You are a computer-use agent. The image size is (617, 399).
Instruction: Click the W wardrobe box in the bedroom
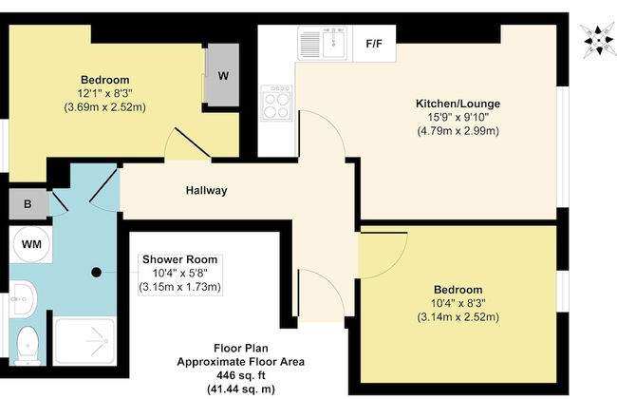pos(222,76)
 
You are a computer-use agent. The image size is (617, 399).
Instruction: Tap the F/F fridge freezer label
pos(373,44)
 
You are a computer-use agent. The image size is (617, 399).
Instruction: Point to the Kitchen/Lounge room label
pos(458,103)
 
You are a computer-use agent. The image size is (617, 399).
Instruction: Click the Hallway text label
pos(206,190)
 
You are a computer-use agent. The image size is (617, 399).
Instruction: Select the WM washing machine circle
pos(31,245)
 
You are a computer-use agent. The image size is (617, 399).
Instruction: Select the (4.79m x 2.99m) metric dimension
pos(458,131)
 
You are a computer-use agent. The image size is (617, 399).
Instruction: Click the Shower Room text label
pos(180,259)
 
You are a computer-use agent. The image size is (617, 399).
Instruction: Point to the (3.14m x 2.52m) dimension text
pos(458,317)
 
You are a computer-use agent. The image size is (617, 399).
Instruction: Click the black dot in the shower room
pos(96,272)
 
